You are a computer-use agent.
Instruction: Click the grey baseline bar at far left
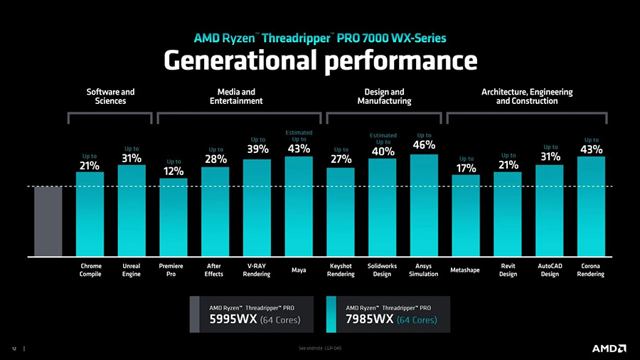pos(48,221)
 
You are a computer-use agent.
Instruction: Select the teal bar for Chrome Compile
pos(90,213)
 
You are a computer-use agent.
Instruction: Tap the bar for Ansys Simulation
pos(424,205)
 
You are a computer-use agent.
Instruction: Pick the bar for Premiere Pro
pos(174,217)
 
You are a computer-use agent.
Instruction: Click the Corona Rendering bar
pos(590,206)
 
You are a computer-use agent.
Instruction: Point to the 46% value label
pos(424,145)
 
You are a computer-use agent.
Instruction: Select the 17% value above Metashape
pos(466,168)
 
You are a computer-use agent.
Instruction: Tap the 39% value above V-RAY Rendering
pos(257,149)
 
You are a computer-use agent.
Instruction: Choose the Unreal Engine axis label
pos(131,270)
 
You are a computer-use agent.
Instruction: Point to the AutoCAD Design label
pos(549,270)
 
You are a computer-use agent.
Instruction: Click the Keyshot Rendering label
pos(341,270)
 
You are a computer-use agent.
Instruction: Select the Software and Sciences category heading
pos(110,97)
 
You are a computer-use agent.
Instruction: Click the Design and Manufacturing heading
pos(384,97)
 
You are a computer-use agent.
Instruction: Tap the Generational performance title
pos(320,61)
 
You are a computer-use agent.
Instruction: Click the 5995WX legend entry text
pos(254,319)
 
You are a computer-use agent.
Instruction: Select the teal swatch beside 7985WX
pos(331,314)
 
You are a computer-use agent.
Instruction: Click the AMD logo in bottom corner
pos(609,349)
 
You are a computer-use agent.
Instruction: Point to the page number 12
pos(14,349)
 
